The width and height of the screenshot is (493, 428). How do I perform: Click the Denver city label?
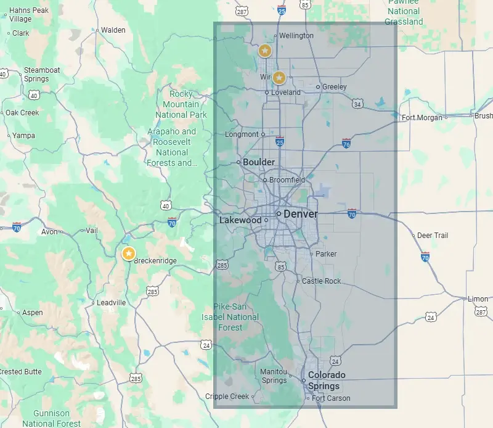coord(301,214)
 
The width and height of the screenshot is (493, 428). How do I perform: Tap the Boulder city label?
coord(259,162)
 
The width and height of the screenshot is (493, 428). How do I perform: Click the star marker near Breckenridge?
coord(128,253)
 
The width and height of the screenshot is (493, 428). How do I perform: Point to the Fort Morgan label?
coord(423,118)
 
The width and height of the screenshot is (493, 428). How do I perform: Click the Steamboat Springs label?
coord(42,75)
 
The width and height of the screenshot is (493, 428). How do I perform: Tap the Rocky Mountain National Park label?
coord(181,104)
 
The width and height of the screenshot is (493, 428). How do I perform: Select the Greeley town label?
coord(335,87)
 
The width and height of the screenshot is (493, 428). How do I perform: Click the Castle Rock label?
coord(321,281)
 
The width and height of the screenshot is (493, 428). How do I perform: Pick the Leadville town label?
coord(112,303)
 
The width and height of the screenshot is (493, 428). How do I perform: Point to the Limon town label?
coord(478,299)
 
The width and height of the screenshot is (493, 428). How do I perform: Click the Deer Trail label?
coord(433,236)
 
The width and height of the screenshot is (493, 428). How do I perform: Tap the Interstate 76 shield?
coord(347,144)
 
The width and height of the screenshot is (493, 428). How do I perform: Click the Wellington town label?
coord(296,36)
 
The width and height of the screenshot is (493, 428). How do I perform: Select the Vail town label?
coord(91,230)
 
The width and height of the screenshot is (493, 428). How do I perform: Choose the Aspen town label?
coord(33,313)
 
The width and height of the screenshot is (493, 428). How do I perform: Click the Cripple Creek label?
coord(227,397)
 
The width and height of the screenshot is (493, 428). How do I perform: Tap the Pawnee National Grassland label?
coord(404,12)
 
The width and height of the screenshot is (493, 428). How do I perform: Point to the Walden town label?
coord(113,30)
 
